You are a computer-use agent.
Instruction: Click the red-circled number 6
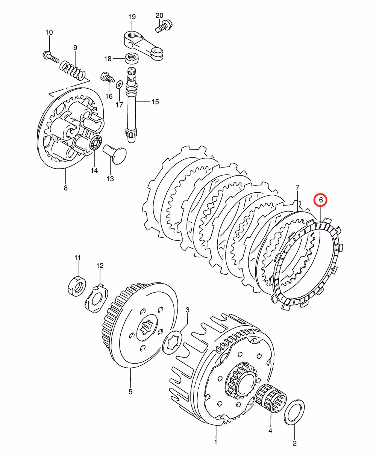321,200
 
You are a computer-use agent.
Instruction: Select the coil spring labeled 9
74,69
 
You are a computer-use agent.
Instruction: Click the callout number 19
132,17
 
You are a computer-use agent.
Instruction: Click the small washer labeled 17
119,84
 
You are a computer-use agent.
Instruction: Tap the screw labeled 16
107,77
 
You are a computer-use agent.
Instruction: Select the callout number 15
155,102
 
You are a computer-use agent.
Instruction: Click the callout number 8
65,188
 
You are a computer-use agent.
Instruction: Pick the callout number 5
130,392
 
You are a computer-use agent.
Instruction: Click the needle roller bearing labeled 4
270,402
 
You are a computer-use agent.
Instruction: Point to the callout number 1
215,442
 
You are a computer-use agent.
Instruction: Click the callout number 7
297,187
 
